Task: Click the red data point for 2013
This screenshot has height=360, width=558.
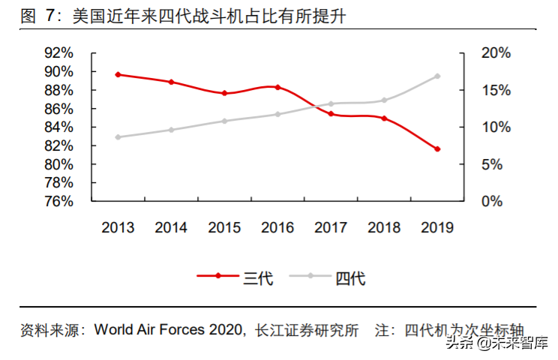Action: (118, 75)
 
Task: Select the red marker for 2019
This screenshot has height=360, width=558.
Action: (437, 149)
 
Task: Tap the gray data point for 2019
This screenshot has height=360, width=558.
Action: (437, 76)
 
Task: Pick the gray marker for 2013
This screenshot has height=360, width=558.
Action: (118, 137)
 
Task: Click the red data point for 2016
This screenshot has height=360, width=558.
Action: (277, 87)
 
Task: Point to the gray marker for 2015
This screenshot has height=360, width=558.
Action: (224, 121)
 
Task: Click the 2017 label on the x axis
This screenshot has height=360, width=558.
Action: (331, 228)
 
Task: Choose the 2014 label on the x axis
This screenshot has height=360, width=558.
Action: (172, 228)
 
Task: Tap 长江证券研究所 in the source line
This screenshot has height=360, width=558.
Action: (307, 330)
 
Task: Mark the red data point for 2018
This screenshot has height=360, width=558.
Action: (384, 118)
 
